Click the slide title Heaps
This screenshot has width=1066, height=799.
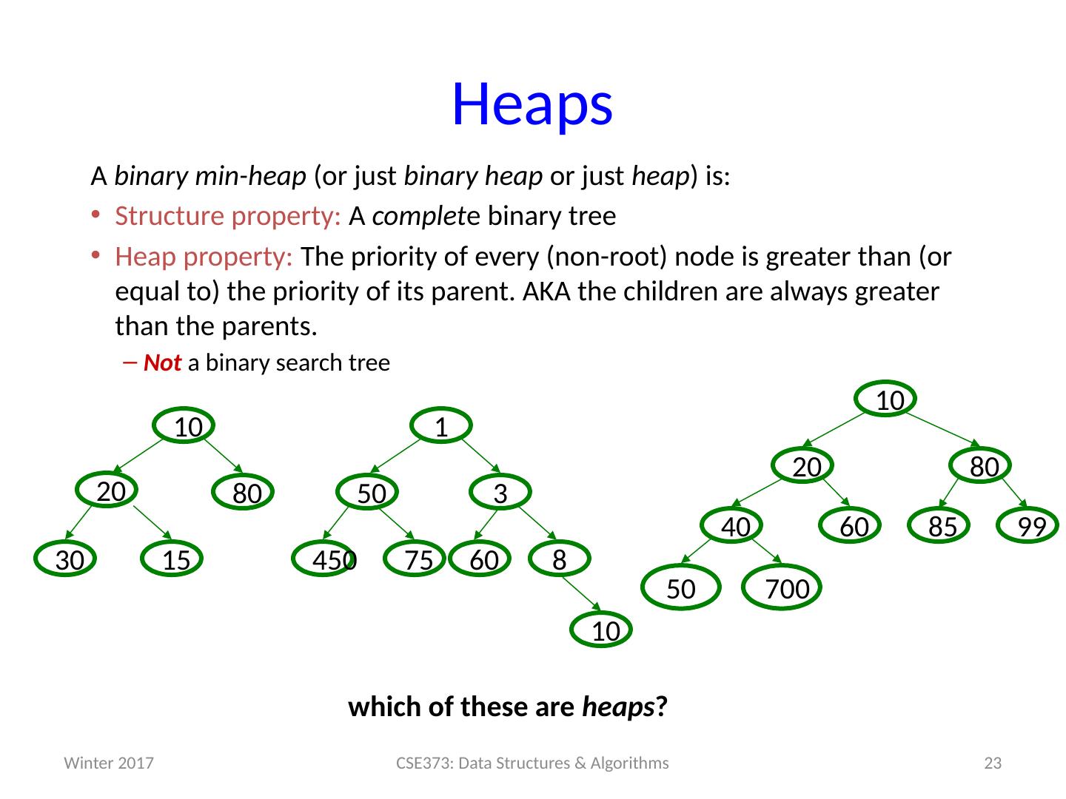tap(532, 104)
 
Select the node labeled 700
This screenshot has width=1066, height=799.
tap(782, 587)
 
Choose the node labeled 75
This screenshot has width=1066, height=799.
tap(415, 559)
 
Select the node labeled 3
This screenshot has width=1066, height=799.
tap(500, 493)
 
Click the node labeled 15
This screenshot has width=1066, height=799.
tap(173, 559)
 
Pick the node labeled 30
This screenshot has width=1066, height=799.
tap(67, 559)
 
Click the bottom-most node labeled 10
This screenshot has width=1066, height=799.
tap(603, 630)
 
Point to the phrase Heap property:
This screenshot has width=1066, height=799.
tap(204, 257)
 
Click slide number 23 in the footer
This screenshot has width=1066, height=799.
tap(993, 763)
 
